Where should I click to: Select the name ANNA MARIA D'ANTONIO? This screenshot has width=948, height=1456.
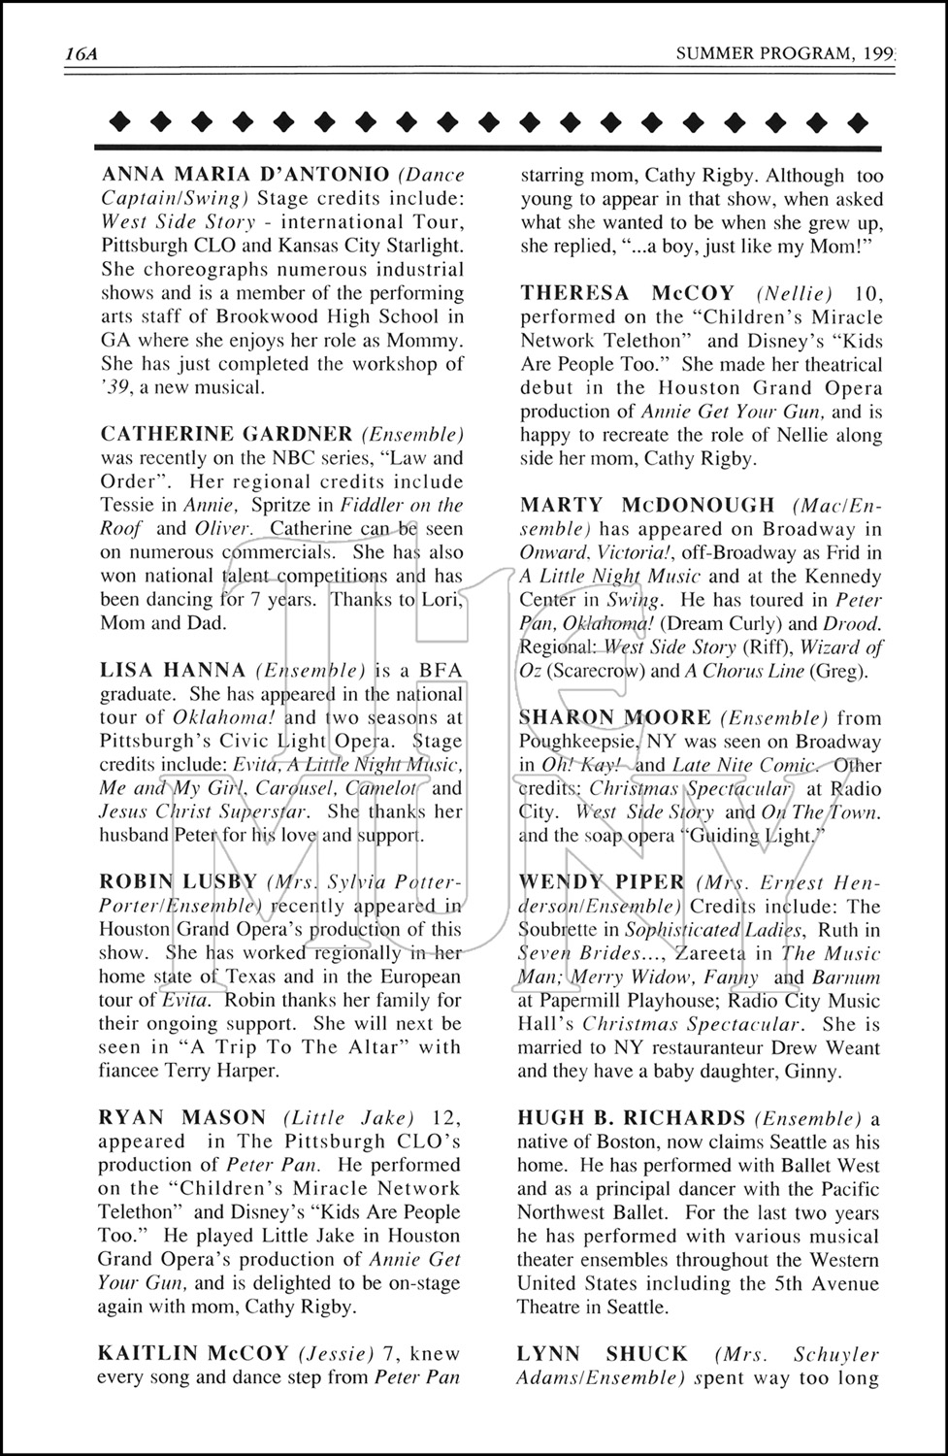[245, 176]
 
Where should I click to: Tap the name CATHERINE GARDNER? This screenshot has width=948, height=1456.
[227, 434]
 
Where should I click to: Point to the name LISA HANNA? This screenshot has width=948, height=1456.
[173, 670]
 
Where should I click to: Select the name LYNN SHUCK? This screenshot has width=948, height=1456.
[603, 1353]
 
